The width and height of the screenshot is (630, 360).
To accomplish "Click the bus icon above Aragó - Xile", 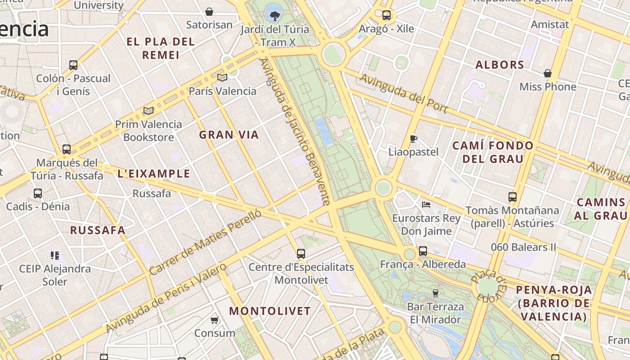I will [386, 15].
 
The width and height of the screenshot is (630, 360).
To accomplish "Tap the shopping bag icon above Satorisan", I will [209, 12].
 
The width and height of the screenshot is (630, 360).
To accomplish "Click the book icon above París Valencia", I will [222, 77].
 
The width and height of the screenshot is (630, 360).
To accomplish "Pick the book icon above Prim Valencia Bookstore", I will [148, 111].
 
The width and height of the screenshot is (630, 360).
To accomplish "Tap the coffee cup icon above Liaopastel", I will [414, 139].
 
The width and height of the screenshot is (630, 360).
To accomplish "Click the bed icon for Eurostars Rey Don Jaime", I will [426, 205].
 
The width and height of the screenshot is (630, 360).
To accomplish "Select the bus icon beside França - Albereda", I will [423, 251].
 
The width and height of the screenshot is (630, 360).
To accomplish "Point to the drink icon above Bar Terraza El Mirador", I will [435, 293].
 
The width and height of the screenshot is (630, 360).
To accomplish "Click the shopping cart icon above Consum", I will [215, 320].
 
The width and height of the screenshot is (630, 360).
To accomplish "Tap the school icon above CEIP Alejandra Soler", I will [55, 256].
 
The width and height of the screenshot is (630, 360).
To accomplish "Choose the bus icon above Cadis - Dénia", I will [38, 193].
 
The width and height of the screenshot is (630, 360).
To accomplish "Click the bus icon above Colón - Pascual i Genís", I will [73, 65].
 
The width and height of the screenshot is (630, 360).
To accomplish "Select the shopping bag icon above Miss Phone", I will [548, 73].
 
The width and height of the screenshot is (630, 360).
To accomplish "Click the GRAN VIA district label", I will [229, 135].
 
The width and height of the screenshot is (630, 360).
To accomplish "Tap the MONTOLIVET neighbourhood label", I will [270, 311].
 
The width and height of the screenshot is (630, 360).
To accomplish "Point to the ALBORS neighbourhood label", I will [500, 65].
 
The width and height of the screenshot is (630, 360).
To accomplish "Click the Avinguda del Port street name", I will [404, 94].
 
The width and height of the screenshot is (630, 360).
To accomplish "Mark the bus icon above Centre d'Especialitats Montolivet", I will [301, 254].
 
